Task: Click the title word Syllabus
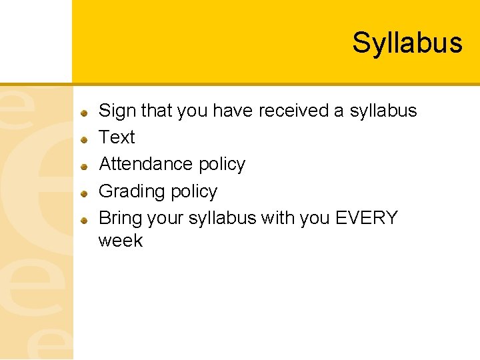point(407,43)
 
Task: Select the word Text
point(117,137)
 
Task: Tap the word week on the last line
point(121,240)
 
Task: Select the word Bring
point(120,219)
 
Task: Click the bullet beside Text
point(85,139)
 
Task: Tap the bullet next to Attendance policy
point(85,166)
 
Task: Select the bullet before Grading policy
point(85,193)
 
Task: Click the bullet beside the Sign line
point(85,113)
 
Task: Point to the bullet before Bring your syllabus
point(85,219)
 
